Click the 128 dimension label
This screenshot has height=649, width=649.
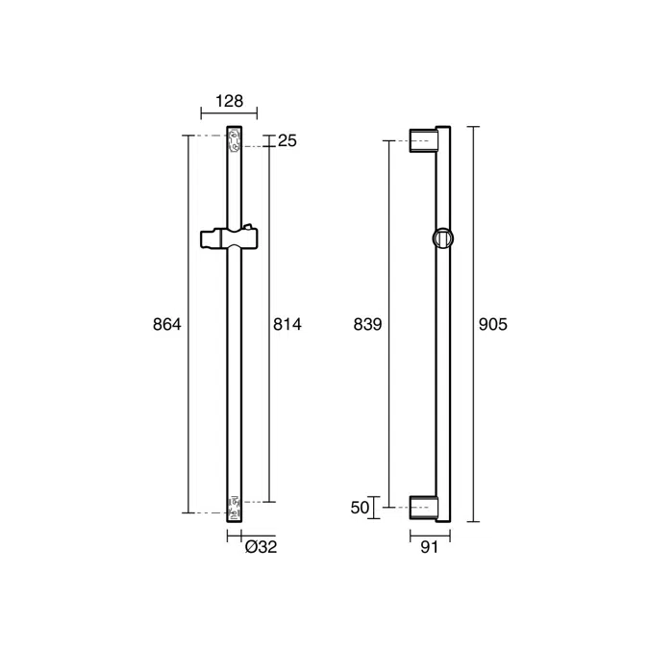coord(229,101)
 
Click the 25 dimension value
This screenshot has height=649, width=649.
coord(287,141)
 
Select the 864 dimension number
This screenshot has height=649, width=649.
coord(167,325)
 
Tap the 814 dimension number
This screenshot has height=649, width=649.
coord(287,325)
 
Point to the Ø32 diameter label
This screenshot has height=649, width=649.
coord(261,547)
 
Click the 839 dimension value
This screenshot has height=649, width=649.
coord(367,325)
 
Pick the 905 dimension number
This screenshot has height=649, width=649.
coord(492,325)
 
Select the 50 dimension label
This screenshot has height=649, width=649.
coord(361,508)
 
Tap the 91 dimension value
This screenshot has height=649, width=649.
coord(429,547)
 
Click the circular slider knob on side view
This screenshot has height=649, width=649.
coord(442,238)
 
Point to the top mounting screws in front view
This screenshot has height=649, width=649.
coord(234,141)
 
